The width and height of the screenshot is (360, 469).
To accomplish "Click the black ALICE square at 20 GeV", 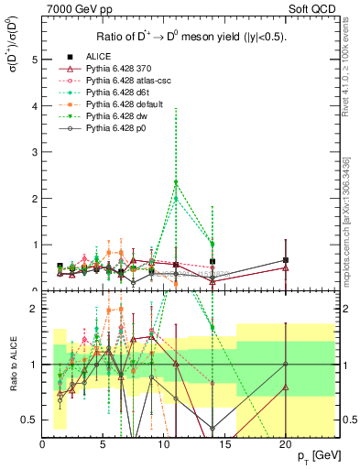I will (x=286, y=260).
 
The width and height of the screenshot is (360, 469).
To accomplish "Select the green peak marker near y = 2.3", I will (x=175, y=183).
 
